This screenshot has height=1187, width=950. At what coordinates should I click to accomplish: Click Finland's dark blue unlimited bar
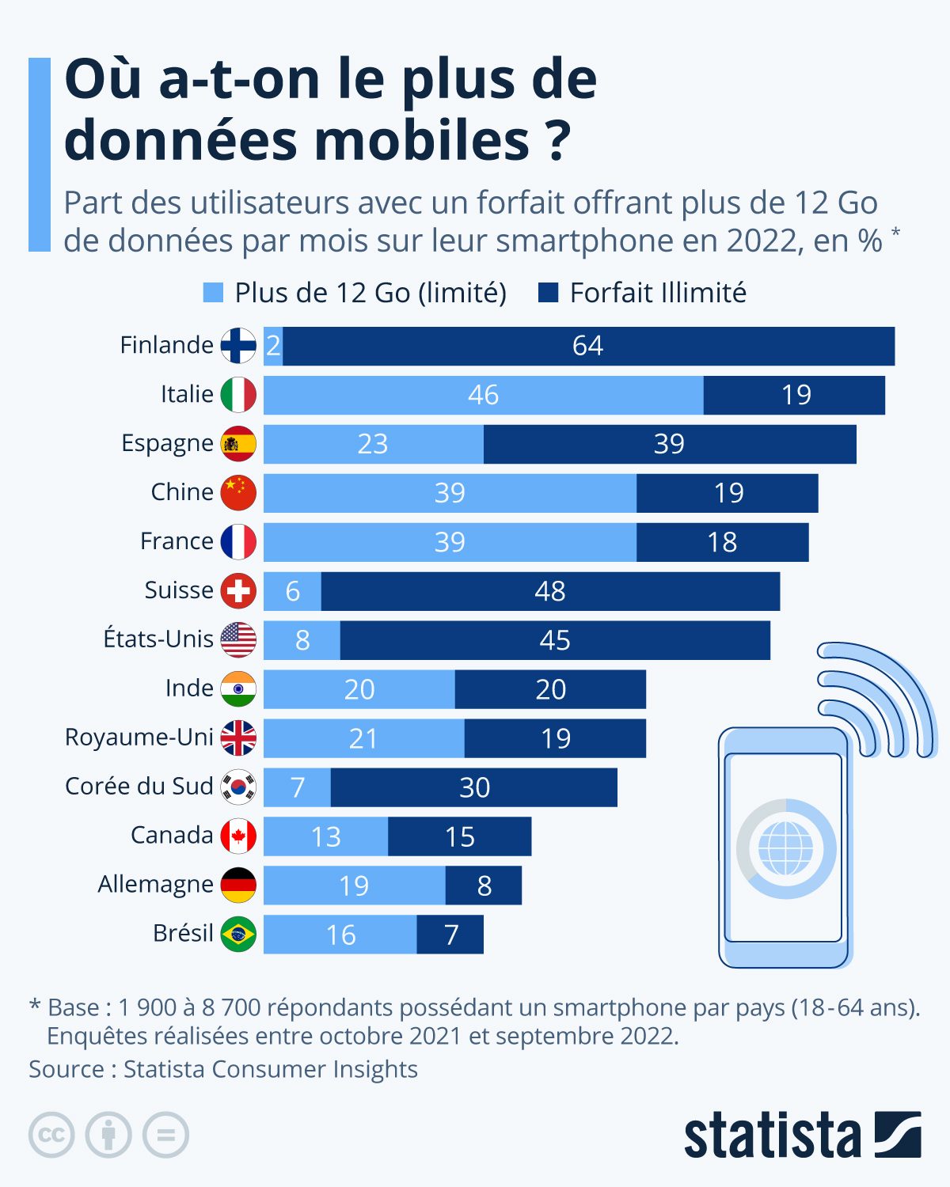588,346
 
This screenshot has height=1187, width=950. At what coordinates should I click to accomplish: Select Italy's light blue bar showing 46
483,395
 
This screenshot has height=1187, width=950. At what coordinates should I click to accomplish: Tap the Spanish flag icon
238,444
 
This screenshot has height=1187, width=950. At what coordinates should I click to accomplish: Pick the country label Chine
182,492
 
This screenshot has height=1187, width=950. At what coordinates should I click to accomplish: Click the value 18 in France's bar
722,543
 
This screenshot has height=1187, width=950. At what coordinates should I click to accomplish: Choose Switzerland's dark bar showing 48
550,591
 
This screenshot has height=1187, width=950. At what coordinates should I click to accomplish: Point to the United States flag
238,640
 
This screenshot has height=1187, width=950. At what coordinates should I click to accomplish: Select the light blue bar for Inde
359,689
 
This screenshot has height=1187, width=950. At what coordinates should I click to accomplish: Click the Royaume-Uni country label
139,738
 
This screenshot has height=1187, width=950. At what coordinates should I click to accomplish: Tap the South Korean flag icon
238,787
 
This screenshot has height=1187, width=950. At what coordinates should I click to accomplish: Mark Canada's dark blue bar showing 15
459,836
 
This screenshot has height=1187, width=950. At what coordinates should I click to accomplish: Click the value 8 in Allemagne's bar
484,886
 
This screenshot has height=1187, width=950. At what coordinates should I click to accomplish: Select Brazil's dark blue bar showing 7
450,935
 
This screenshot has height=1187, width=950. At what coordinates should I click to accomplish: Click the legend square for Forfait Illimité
548,293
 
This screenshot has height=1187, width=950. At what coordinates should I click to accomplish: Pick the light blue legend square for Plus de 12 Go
213,293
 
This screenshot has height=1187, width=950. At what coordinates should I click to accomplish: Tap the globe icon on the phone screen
785,848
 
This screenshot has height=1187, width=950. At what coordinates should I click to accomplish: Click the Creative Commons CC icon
51,1136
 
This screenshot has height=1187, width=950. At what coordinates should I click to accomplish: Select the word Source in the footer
66,1070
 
